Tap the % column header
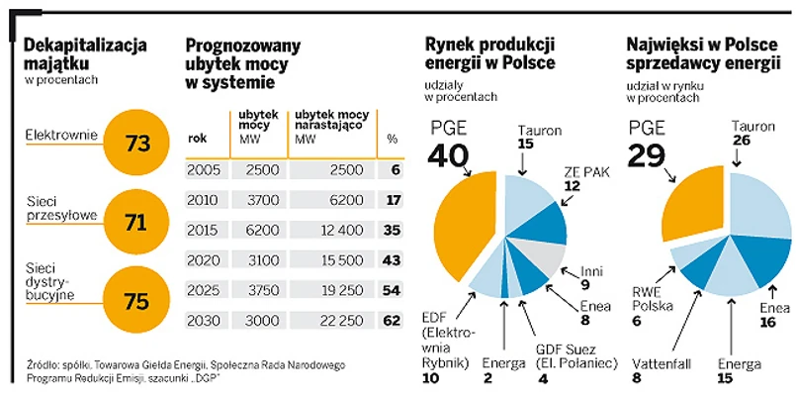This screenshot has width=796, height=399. pos(392,139)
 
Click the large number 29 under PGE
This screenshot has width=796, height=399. pos(654,155)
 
